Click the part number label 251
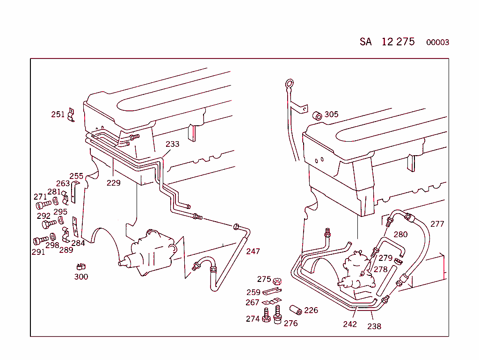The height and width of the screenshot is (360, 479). (58, 115)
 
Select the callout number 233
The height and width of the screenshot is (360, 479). (172, 144)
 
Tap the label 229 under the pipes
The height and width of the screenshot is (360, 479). (113, 183)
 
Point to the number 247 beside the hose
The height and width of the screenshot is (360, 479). (253, 252)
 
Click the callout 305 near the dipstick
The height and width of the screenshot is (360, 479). (331, 115)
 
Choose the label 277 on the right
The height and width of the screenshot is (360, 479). (437, 224)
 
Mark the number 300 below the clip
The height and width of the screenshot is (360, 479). (81, 277)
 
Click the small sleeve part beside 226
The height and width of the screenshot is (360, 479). (295, 310)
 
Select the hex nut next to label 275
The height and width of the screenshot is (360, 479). (276, 281)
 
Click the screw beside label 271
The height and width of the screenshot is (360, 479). (43, 205)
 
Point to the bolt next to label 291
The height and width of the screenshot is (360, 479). (40, 241)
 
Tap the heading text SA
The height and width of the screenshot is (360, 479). (365, 42)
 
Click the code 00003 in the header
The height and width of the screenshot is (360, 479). (437, 43)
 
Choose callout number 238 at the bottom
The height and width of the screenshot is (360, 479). (374, 326)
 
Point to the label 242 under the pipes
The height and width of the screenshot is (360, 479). (349, 324)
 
